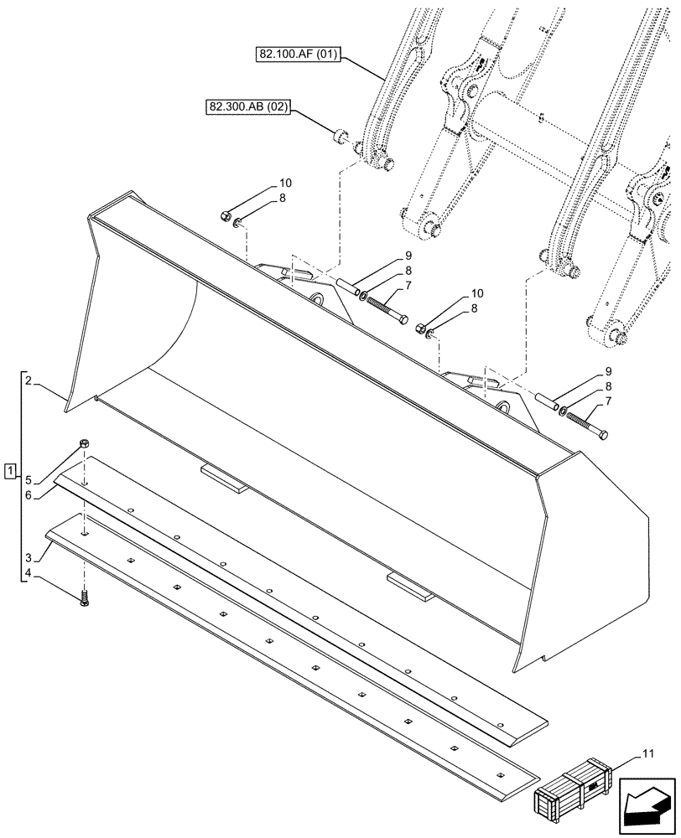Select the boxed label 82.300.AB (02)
[x=246, y=108]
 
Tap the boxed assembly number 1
[x=9, y=471]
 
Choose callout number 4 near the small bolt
[x=29, y=575]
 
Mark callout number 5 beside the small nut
[x=29, y=480]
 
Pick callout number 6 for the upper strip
[x=29, y=496]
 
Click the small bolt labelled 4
[x=84, y=599]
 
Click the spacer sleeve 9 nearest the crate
[x=547, y=401]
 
